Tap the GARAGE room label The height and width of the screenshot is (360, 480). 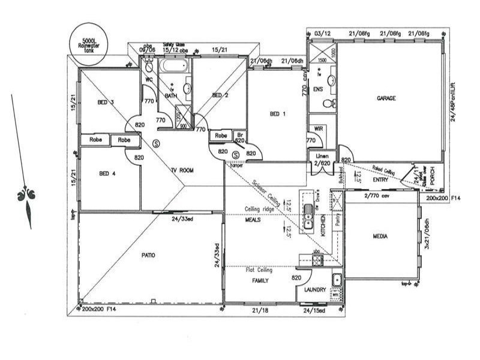[x=386, y=98]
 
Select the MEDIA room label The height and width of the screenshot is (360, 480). [x=380, y=236]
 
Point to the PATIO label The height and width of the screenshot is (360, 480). [x=148, y=255]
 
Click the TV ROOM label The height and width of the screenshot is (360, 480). [x=182, y=171]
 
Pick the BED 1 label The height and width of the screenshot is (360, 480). [x=277, y=114]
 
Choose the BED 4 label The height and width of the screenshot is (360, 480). [x=108, y=174]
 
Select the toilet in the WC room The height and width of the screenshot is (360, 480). [x=149, y=67]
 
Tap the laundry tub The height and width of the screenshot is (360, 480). [x=337, y=280]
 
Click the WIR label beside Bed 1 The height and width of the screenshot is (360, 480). [x=316, y=130]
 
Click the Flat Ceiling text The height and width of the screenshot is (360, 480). [x=259, y=270]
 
